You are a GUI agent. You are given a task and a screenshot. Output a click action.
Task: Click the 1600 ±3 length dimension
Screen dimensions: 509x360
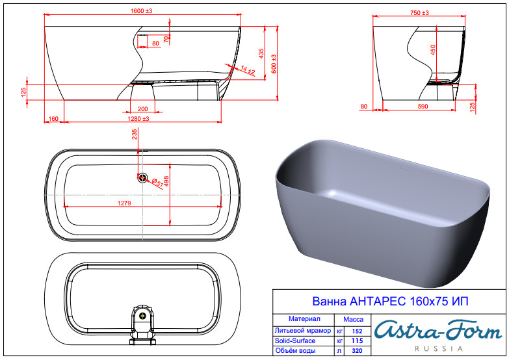click(x=141, y=10)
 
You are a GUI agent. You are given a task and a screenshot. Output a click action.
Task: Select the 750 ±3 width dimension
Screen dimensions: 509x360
click(x=419, y=12)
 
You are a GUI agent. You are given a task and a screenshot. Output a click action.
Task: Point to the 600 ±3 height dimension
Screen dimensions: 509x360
click(x=274, y=64)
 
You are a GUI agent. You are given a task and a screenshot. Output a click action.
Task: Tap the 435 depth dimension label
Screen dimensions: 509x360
click(x=261, y=53)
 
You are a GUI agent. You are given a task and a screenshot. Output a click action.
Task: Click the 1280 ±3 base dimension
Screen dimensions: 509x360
click(x=138, y=119)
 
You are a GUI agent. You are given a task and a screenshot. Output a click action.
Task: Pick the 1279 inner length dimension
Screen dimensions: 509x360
click(x=124, y=203)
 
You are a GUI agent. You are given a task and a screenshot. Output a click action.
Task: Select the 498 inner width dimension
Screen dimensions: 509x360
click(x=166, y=181)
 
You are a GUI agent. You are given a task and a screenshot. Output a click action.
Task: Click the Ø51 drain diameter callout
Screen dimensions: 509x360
click(x=157, y=183)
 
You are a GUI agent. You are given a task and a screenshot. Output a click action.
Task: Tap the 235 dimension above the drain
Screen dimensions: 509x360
click(x=135, y=134)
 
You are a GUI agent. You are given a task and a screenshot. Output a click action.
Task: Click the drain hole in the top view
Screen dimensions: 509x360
click(x=142, y=177)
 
